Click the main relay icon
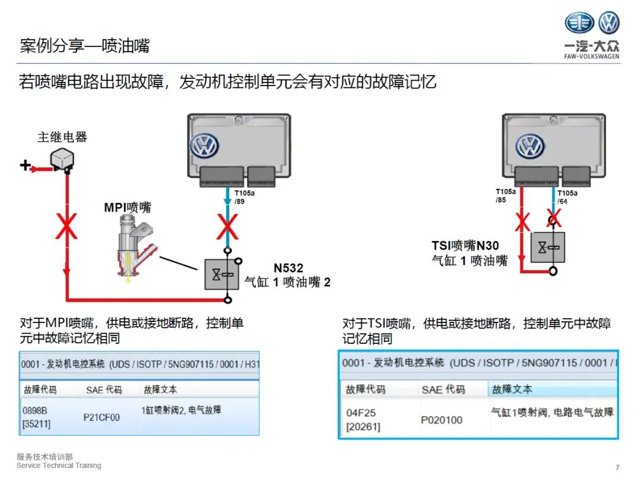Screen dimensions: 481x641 (x=62, y=159)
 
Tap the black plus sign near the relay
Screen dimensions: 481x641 (x=25, y=165)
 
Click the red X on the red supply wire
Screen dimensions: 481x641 (x=66, y=227)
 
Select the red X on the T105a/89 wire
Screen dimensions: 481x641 (x=227, y=227)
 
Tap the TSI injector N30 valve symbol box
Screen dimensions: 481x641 (x=547, y=247)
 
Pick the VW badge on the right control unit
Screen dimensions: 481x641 (x=530, y=146)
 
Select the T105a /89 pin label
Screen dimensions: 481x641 (x=243, y=197)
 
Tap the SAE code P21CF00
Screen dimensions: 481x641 (x=101, y=417)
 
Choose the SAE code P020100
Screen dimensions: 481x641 (x=441, y=420)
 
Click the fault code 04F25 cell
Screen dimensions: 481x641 (x=361, y=419)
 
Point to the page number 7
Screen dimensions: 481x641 (x=618, y=467)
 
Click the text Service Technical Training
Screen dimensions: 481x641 (x=59, y=466)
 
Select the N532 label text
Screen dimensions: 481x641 (x=288, y=268)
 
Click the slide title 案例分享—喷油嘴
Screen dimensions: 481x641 (x=84, y=46)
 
